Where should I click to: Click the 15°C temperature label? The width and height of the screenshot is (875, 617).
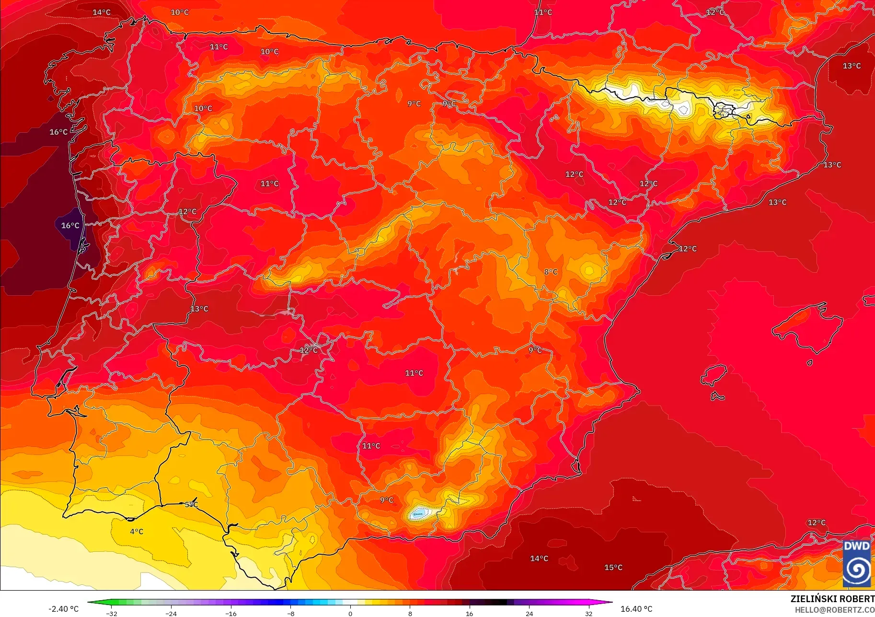pyautogui.click(x=613, y=568)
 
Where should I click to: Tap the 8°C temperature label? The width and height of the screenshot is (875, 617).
pyautogui.click(x=551, y=272)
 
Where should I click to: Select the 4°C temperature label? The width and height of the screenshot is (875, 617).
pyautogui.click(x=137, y=531)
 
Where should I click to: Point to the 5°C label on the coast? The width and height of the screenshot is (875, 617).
pyautogui.click(x=191, y=504)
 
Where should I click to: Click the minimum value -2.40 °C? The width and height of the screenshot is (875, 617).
pyautogui.click(x=63, y=609)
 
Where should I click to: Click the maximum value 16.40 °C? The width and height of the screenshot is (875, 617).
pyautogui.click(x=636, y=609)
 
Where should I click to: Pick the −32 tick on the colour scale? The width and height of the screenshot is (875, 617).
pyautogui.click(x=111, y=613)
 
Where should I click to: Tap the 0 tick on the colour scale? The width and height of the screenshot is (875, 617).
pyautogui.click(x=350, y=613)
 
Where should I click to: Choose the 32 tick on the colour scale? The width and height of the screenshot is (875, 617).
pyautogui.click(x=588, y=613)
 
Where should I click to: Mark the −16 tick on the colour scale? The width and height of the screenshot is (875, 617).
pyautogui.click(x=230, y=613)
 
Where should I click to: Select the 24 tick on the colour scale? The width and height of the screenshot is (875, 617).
pyautogui.click(x=529, y=613)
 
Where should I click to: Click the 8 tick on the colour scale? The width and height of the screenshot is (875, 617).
pyautogui.click(x=410, y=613)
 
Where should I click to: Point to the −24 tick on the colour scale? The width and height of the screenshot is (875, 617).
pyautogui.click(x=171, y=613)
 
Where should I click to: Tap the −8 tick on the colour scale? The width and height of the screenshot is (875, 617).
pyautogui.click(x=290, y=613)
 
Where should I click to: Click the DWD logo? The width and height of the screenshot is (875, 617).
pyautogui.click(x=857, y=564)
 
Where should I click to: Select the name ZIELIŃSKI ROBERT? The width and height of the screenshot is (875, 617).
pyautogui.click(x=832, y=599)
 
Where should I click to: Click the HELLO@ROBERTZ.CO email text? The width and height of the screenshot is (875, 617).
pyautogui.click(x=834, y=610)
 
